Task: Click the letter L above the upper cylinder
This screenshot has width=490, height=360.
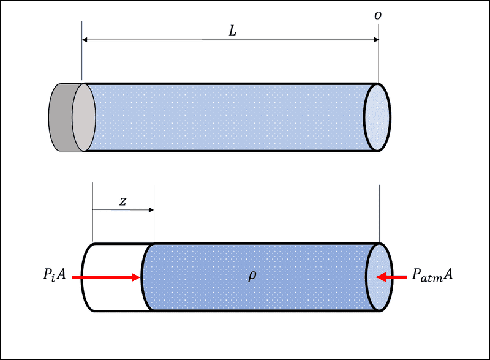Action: coord(232,31)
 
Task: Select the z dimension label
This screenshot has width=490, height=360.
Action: coord(123,201)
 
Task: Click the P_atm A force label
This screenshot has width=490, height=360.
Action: coord(432,277)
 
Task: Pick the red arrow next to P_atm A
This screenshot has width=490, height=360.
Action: coord(391,277)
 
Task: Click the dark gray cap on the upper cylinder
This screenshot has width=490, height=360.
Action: coord(60,118)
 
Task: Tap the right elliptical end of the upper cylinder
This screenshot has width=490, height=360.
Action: coord(377,118)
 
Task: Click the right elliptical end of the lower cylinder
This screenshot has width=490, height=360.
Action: coord(377,277)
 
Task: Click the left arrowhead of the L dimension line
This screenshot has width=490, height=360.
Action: coord(85,40)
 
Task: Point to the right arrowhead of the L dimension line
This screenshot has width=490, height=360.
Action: coord(376,40)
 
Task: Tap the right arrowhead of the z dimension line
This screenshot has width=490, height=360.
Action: coord(151,210)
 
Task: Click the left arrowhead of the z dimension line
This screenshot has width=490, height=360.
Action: coord(95,210)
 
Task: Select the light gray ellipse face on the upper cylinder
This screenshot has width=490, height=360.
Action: coord(83,118)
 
